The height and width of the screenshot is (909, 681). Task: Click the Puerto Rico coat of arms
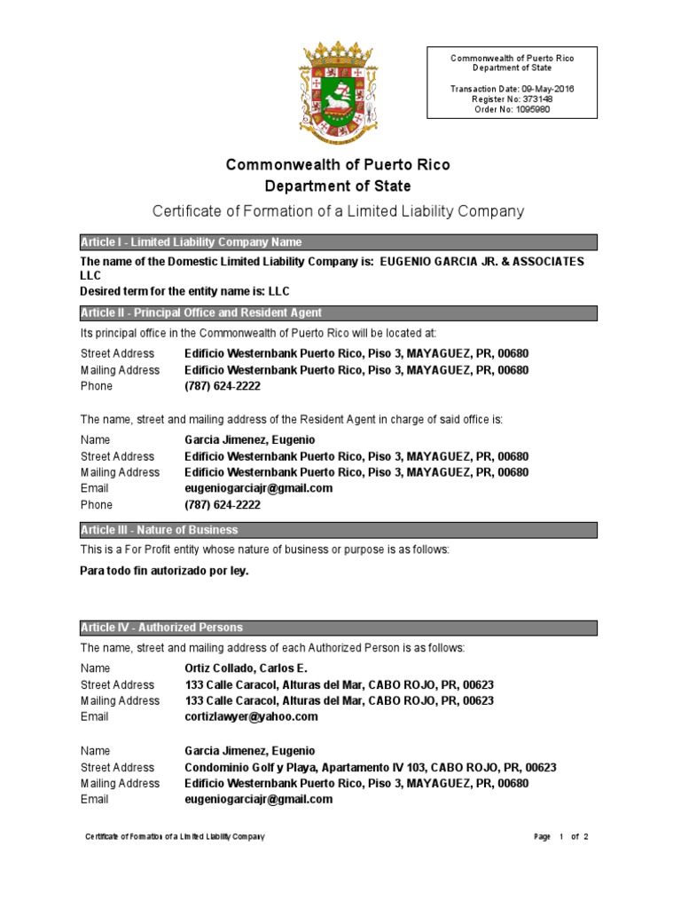pyautogui.click(x=338, y=91)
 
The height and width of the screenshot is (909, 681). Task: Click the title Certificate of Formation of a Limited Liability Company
pyautogui.click(x=338, y=211)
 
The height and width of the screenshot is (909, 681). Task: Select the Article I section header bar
pyautogui.click(x=338, y=242)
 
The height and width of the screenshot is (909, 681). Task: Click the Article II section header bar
pyautogui.click(x=338, y=313)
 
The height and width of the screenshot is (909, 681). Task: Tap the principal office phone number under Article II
pyautogui.click(x=222, y=386)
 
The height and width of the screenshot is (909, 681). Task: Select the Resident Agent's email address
pyautogui.click(x=258, y=488)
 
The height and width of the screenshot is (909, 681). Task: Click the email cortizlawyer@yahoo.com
pyautogui.click(x=250, y=716)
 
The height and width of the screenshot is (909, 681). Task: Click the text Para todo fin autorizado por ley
pyautogui.click(x=164, y=571)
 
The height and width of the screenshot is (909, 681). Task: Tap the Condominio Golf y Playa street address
pyautogui.click(x=370, y=767)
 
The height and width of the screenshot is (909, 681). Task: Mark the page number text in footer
pyautogui.click(x=561, y=837)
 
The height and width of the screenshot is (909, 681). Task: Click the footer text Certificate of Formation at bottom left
pyautogui.click(x=175, y=837)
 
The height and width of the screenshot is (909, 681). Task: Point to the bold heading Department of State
pyautogui.click(x=338, y=186)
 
